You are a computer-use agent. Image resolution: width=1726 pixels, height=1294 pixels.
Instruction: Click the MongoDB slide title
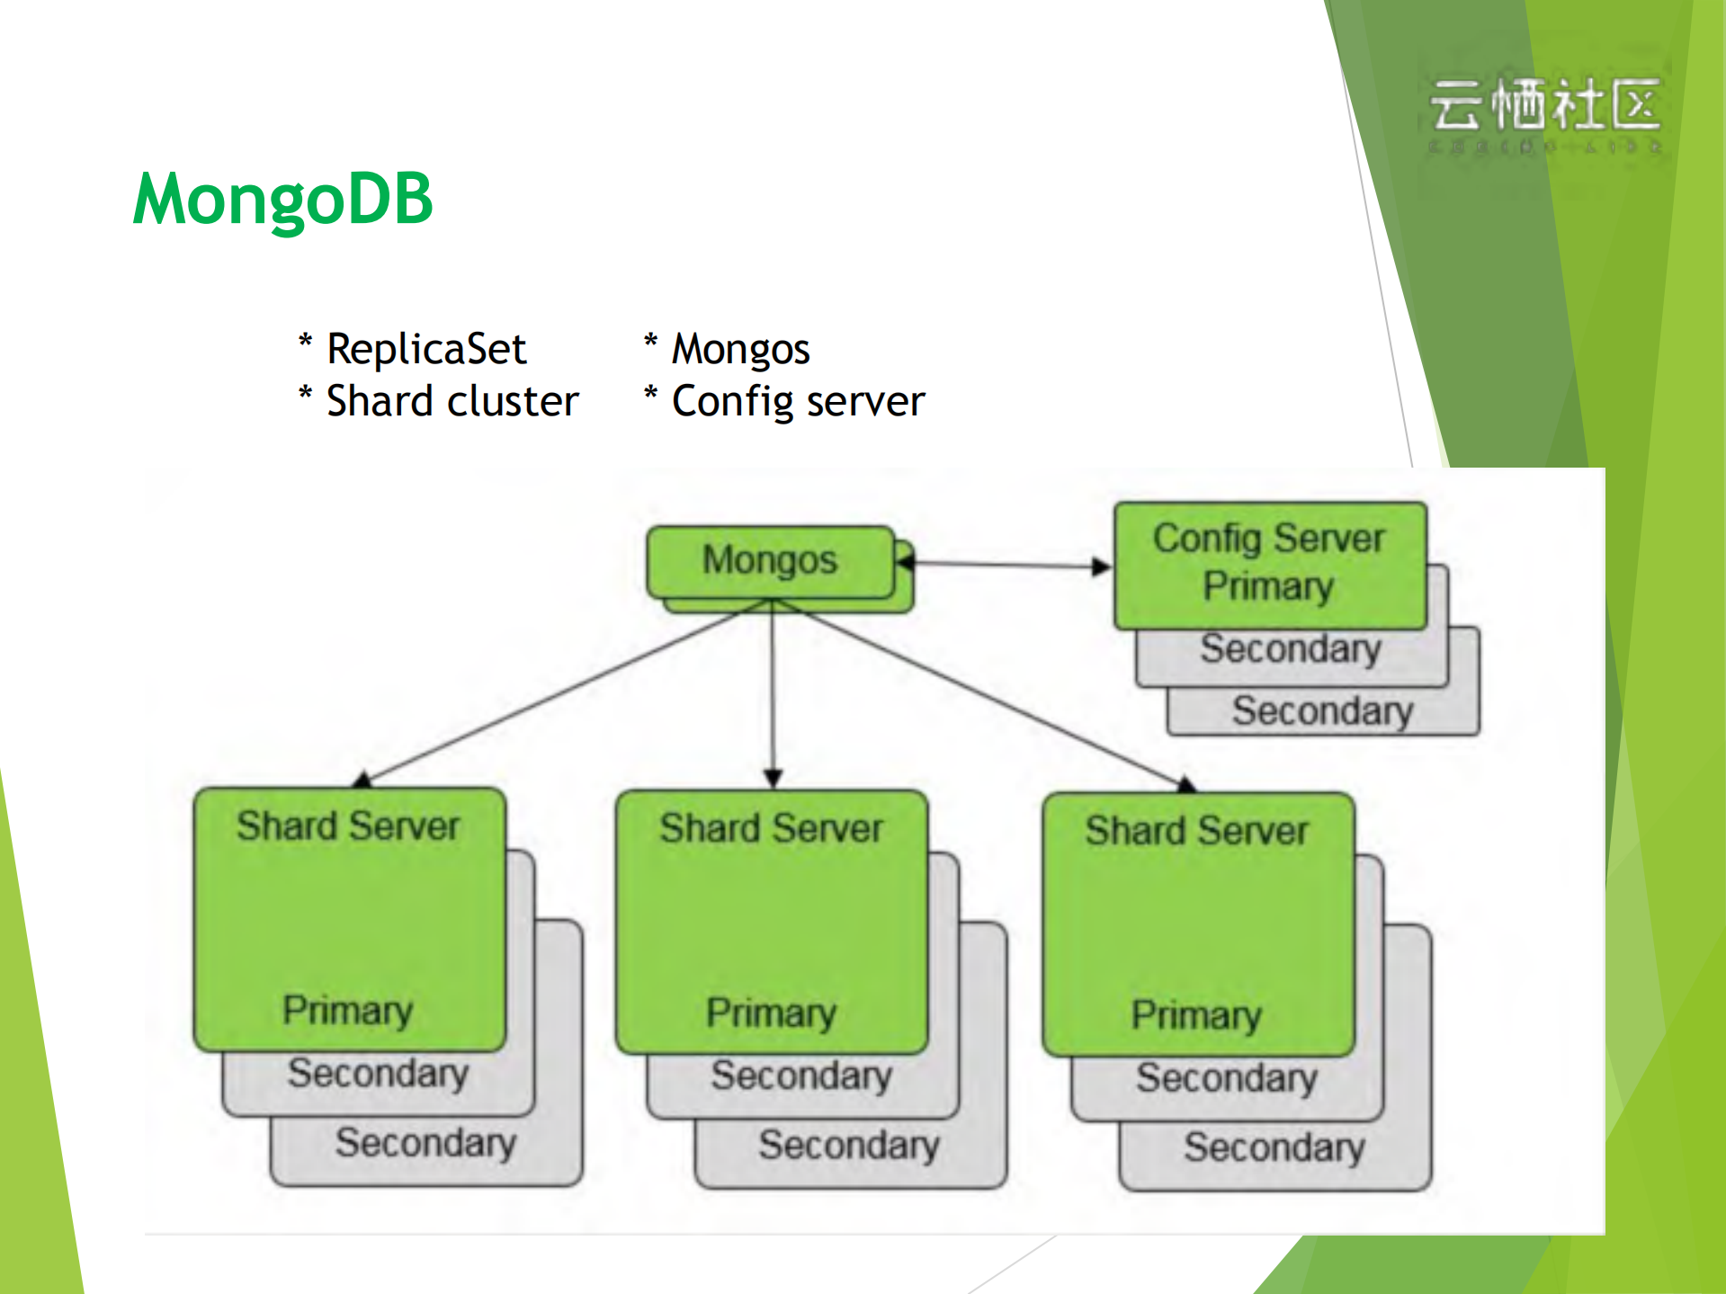coord(282,199)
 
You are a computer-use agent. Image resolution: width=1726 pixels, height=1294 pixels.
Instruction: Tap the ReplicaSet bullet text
coord(425,349)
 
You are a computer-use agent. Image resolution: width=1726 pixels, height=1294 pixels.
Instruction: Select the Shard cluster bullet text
coord(452,401)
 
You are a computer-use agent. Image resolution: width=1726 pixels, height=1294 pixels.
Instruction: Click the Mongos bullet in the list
coord(740,349)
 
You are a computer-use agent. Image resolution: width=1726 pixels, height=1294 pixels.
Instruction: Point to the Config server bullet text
coord(798,401)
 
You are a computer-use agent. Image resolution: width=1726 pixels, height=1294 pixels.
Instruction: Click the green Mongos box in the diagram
coord(770,561)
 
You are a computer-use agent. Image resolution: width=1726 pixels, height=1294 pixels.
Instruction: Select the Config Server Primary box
coord(1269,564)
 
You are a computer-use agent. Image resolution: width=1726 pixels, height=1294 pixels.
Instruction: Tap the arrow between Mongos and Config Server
coord(1007,565)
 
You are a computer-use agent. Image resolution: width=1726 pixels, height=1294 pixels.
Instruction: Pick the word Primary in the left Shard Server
coord(347,1010)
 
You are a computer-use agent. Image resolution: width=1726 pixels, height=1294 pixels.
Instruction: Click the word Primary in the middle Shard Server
coord(771,1013)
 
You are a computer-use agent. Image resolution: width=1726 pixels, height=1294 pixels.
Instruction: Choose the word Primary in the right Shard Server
coord(1196,1014)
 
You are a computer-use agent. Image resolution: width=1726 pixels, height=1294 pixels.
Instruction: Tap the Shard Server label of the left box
coord(348,825)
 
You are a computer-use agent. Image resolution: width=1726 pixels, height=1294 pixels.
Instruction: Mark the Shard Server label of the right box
coord(1196,830)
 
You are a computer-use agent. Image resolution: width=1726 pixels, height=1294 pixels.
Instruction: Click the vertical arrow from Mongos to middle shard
coord(773,692)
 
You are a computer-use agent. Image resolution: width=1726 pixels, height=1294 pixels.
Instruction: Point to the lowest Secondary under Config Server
coord(1322,710)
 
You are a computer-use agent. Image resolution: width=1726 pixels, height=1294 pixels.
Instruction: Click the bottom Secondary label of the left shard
coord(425,1143)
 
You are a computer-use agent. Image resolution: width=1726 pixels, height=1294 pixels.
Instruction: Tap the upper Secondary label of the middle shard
coord(801,1075)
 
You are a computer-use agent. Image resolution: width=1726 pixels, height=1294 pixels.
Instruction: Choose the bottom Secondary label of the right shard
coord(1274,1147)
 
